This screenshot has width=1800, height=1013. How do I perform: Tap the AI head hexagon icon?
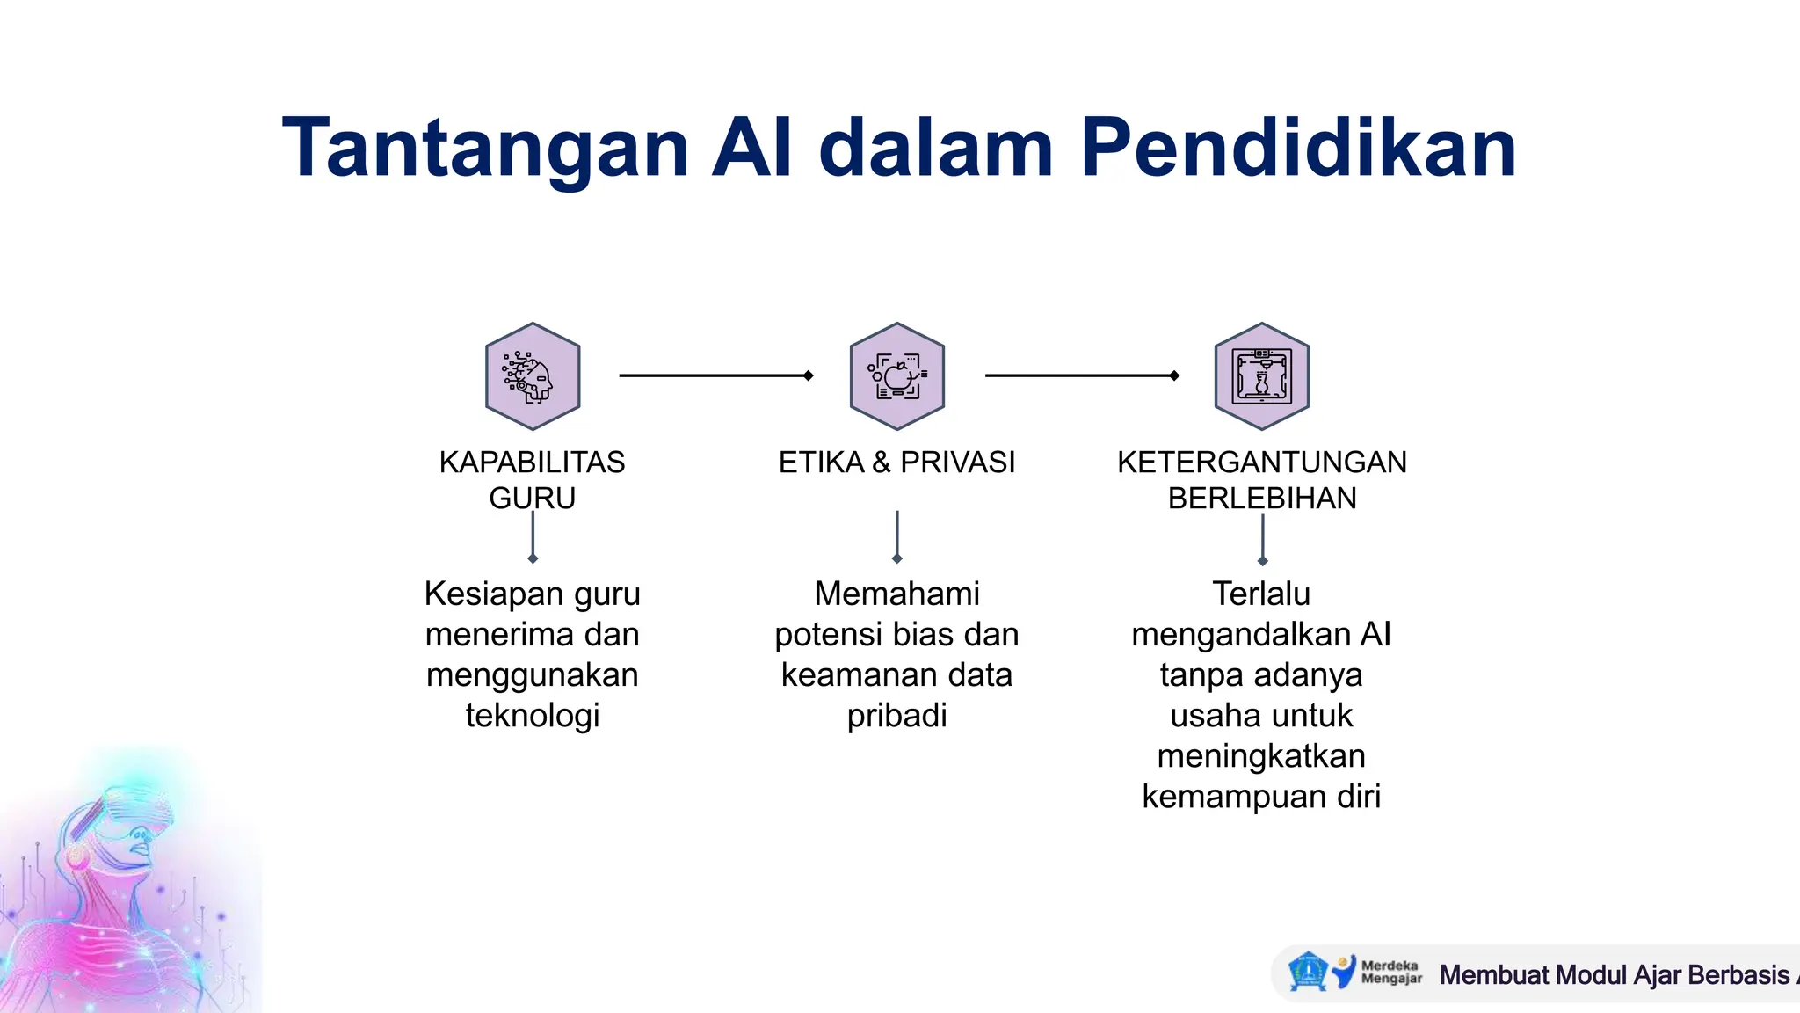pos(532,376)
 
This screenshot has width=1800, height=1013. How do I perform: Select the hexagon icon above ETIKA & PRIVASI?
pos(896,376)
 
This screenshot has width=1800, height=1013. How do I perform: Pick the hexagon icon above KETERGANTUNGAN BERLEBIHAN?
pos(1261,376)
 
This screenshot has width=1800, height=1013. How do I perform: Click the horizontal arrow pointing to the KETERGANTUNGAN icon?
pos(1081,375)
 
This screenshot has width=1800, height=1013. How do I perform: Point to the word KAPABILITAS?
pos(532,462)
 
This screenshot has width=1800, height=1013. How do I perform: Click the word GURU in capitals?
pos(532,499)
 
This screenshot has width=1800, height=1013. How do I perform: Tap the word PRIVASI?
pos(957,462)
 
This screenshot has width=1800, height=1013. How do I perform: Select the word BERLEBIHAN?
pos(1261,499)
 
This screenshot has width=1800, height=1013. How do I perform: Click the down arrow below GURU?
pos(533,537)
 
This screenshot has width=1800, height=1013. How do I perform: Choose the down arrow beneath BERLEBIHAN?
pos(1262,538)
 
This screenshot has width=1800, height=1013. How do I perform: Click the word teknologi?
pos(532,715)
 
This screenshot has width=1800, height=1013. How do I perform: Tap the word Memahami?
pos(896,594)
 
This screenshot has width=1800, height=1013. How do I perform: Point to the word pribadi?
pos(896,715)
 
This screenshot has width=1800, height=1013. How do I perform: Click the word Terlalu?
pos(1261,594)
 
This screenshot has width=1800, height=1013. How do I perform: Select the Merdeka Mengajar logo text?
pos(1390,972)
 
